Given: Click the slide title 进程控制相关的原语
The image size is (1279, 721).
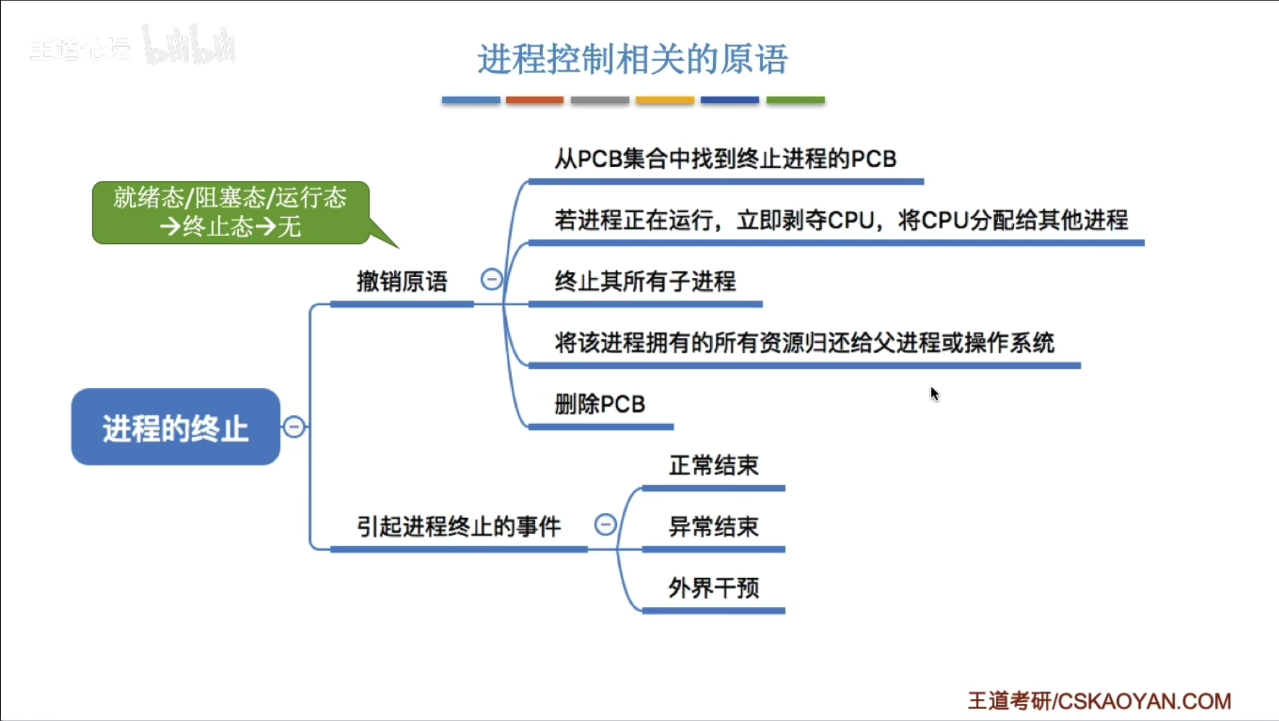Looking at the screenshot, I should pos(632,59).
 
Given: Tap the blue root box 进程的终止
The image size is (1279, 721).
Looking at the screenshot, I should pos(175,427).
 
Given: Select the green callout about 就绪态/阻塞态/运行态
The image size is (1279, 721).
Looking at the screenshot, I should pos(231,212).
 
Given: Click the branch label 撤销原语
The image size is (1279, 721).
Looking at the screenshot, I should pos(402,281).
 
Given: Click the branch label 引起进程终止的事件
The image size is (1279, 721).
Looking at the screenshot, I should pos(459,526).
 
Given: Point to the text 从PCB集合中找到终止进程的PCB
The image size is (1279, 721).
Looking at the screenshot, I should pos(725,159).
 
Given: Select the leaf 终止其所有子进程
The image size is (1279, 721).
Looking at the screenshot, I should pos(645,281).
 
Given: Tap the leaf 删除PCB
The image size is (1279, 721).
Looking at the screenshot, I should pos(600,405).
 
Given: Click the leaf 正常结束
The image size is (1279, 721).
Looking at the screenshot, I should pos(713,466).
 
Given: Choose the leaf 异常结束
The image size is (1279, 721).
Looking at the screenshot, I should pos(713,527).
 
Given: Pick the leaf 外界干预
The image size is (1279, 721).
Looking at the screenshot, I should pos(713,588).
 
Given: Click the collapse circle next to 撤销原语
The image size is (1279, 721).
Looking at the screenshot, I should pos(491,279).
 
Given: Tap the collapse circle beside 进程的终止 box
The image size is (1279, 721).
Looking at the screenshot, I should pos(294,427).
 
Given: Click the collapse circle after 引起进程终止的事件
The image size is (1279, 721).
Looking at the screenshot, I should pos(605,525).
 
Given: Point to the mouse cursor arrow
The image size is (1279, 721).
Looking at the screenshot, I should pos(934,393).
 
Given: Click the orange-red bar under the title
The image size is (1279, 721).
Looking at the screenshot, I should pos(534,100).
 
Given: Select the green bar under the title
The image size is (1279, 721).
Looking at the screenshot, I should pos(795,100).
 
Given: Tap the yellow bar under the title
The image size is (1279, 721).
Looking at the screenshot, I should pos(664,100).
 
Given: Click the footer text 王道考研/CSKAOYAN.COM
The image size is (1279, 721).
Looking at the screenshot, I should pos(1099,701).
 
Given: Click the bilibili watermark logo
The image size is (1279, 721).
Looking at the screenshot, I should pos(189,45).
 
